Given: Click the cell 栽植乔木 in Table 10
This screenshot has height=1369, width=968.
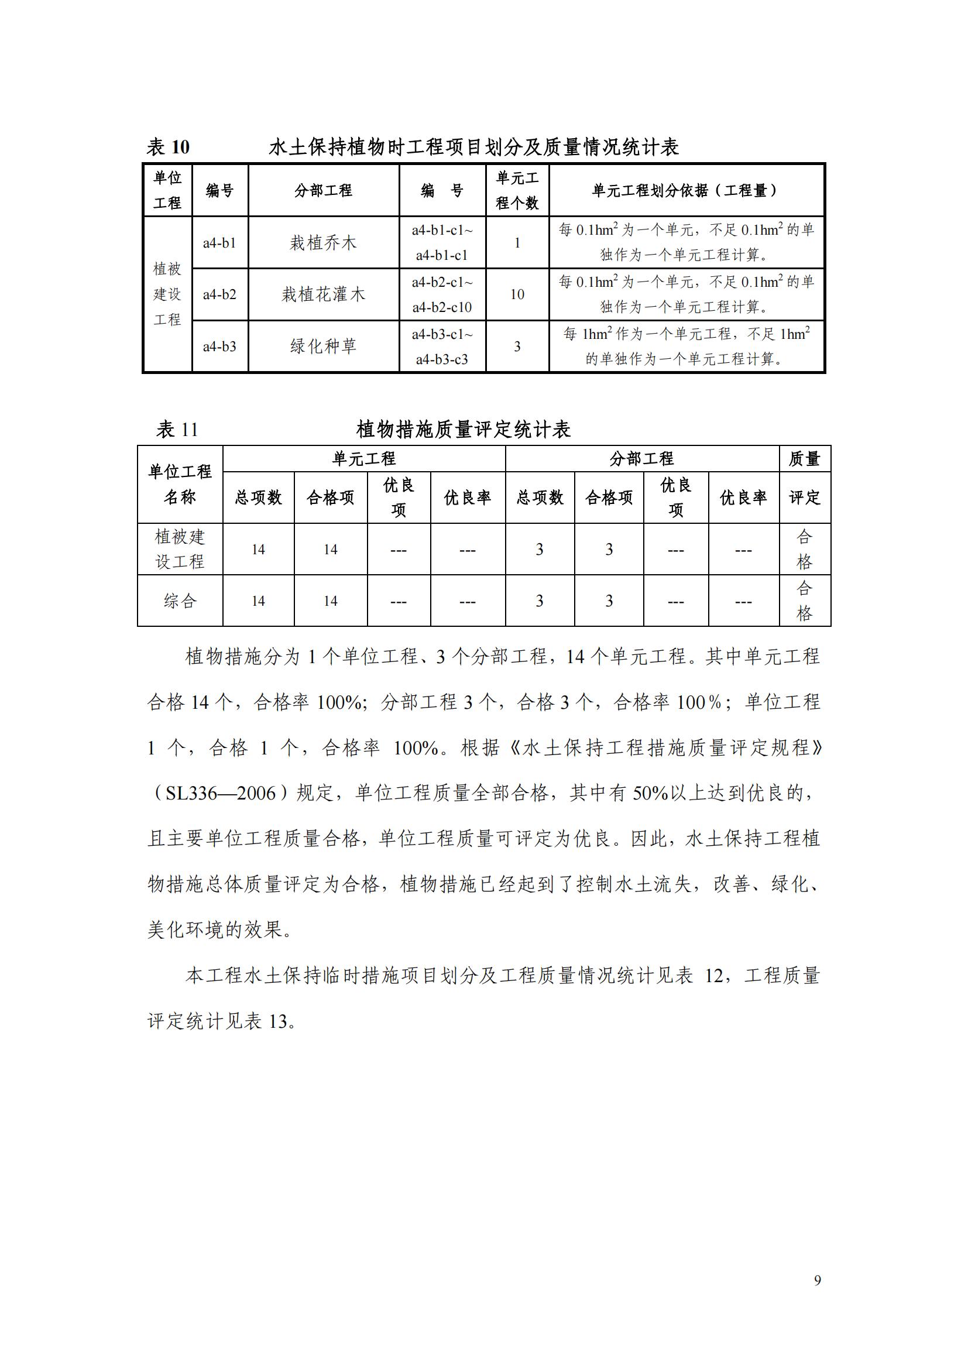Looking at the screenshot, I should coord(323,243).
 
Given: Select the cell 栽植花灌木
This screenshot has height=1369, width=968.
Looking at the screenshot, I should coord(323,294).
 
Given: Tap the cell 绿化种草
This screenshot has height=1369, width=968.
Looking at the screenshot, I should coord(323,346).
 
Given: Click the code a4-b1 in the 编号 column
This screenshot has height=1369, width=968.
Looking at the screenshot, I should coord(219,243).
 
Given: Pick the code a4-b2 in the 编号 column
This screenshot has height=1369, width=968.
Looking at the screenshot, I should coord(219,294).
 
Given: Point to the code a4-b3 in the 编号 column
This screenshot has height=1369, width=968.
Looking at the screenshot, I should coord(219,346).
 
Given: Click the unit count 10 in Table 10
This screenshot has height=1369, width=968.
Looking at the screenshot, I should coord(517,294).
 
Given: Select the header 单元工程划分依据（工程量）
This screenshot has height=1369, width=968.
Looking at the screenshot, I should coord(685,191).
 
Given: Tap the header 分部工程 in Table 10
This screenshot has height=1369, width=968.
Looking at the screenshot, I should coord(323,191).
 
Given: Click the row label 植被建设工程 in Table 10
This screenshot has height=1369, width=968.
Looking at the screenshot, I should coord(167,294).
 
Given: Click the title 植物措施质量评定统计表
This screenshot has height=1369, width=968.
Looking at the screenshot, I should coord(463,429).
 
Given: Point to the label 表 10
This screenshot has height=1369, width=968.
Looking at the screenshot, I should coord(168,147).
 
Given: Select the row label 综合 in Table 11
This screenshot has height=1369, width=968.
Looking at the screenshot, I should coord(180,601).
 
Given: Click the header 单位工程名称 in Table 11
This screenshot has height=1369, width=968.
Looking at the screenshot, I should coord(180,484).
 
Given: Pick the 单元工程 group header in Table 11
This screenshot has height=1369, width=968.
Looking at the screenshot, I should coord(363,458).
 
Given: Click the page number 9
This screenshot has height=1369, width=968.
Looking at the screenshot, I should coord(817,1280).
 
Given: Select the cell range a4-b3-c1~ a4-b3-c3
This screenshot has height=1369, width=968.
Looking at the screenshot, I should coord(442,346).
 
